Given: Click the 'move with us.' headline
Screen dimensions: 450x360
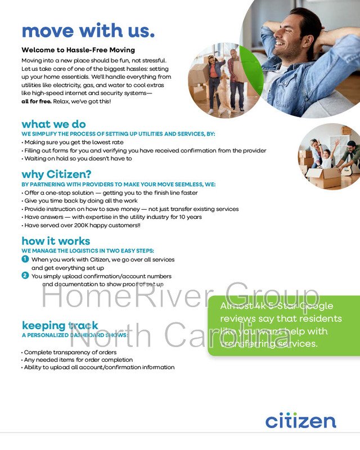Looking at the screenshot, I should [88, 30].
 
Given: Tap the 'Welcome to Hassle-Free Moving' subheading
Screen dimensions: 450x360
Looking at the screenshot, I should [70, 50].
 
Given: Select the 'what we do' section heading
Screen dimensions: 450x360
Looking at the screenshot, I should [53, 124].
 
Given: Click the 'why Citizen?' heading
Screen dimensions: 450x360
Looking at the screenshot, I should [56, 174].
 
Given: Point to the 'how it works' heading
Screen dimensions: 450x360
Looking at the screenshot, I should [55, 241].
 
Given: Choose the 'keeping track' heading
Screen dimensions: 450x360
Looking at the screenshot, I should [60, 325].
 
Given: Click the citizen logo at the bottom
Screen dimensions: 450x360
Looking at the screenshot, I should [300, 420].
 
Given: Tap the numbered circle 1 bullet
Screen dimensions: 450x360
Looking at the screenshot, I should [25, 259].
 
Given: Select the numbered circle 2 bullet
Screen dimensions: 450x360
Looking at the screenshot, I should [25, 276].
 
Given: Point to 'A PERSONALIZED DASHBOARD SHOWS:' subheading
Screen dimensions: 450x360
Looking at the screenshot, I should [74, 335].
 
